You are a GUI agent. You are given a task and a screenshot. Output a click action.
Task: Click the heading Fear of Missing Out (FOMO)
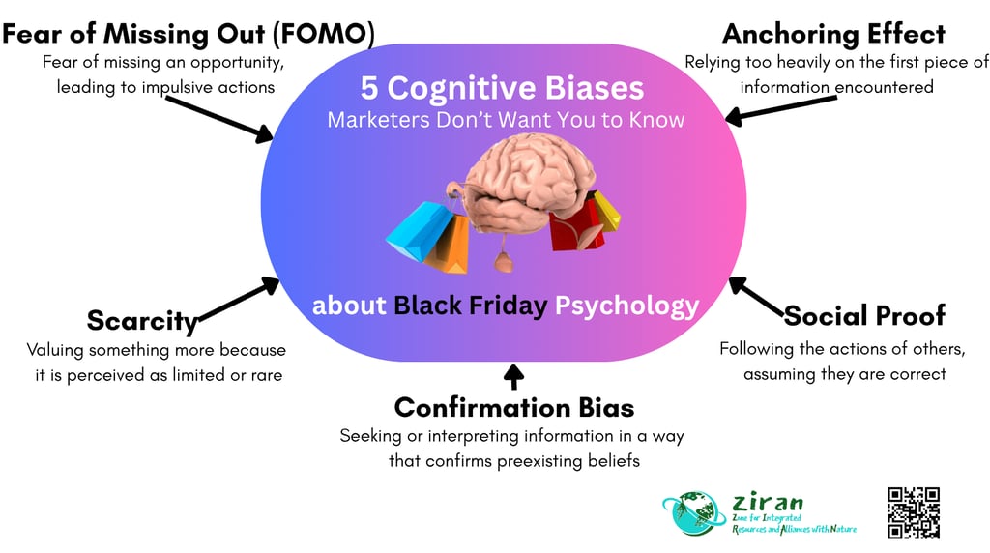[189, 34]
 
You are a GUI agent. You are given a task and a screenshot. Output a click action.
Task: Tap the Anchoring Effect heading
[833, 34]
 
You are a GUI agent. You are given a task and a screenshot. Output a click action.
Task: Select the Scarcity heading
[142, 320]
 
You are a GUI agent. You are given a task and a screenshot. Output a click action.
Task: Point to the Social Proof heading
[864, 315]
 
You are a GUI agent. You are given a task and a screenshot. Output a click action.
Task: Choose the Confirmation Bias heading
[513, 407]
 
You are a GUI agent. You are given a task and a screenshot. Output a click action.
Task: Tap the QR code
[913, 511]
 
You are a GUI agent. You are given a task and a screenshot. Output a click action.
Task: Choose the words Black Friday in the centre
[471, 306]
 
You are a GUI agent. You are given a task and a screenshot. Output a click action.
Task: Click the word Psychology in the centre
[626, 306]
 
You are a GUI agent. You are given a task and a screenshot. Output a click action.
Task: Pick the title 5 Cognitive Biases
[502, 89]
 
